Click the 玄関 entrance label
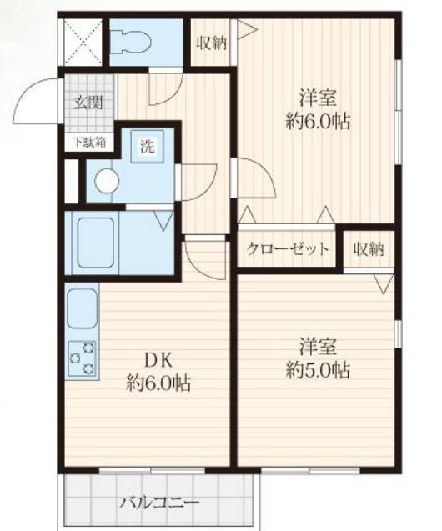pos(88,103)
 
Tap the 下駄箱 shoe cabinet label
pos(89,143)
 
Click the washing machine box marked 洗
pos(148,147)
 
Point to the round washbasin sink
pos(107,181)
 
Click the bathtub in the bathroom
pos(96,243)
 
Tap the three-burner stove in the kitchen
pos(83,358)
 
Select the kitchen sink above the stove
pos(82,308)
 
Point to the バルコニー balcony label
pos(158,502)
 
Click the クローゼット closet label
pos(288,249)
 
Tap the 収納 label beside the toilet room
pos(212,43)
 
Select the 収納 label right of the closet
pos(369,249)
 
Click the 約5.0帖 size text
pos(318,371)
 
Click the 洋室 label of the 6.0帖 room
pos(318,98)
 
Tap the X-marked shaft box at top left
pos(83,42)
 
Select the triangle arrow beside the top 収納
pos(247,30)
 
